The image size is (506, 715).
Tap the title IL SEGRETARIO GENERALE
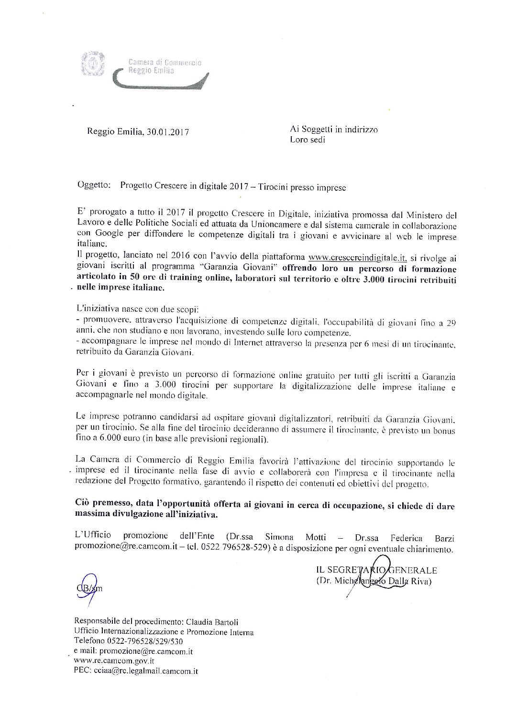pos(376,570)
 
